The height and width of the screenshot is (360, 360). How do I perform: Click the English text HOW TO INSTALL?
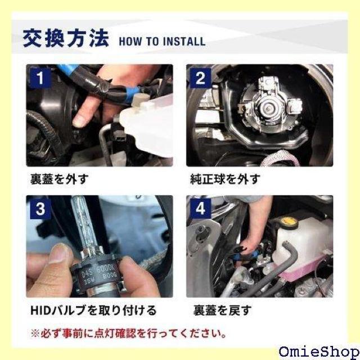pos(162,42)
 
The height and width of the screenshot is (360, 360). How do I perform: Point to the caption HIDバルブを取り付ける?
pos(93,310)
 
